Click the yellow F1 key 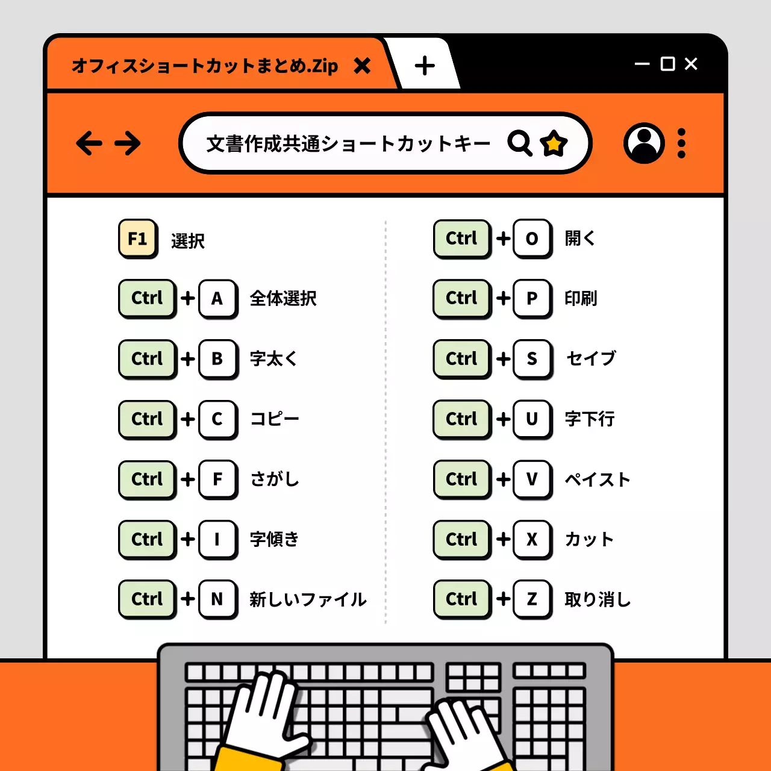tap(138, 239)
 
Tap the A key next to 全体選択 tap(217, 298)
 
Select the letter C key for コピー tap(217, 419)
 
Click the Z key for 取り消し tap(532, 599)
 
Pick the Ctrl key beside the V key tap(461, 479)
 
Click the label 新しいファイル tap(308, 599)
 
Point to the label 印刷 tap(581, 298)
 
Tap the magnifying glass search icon tap(519, 143)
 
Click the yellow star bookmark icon tap(554, 143)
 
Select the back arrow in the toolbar tap(89, 143)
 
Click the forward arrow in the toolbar tap(128, 143)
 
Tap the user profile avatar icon tap(644, 143)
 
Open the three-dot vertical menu tap(681, 143)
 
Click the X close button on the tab tap(362, 65)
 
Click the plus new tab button tap(425, 65)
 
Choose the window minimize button tap(642, 64)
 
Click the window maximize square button tap(667, 64)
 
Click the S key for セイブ tap(532, 358)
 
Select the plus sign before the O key tap(503, 239)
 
